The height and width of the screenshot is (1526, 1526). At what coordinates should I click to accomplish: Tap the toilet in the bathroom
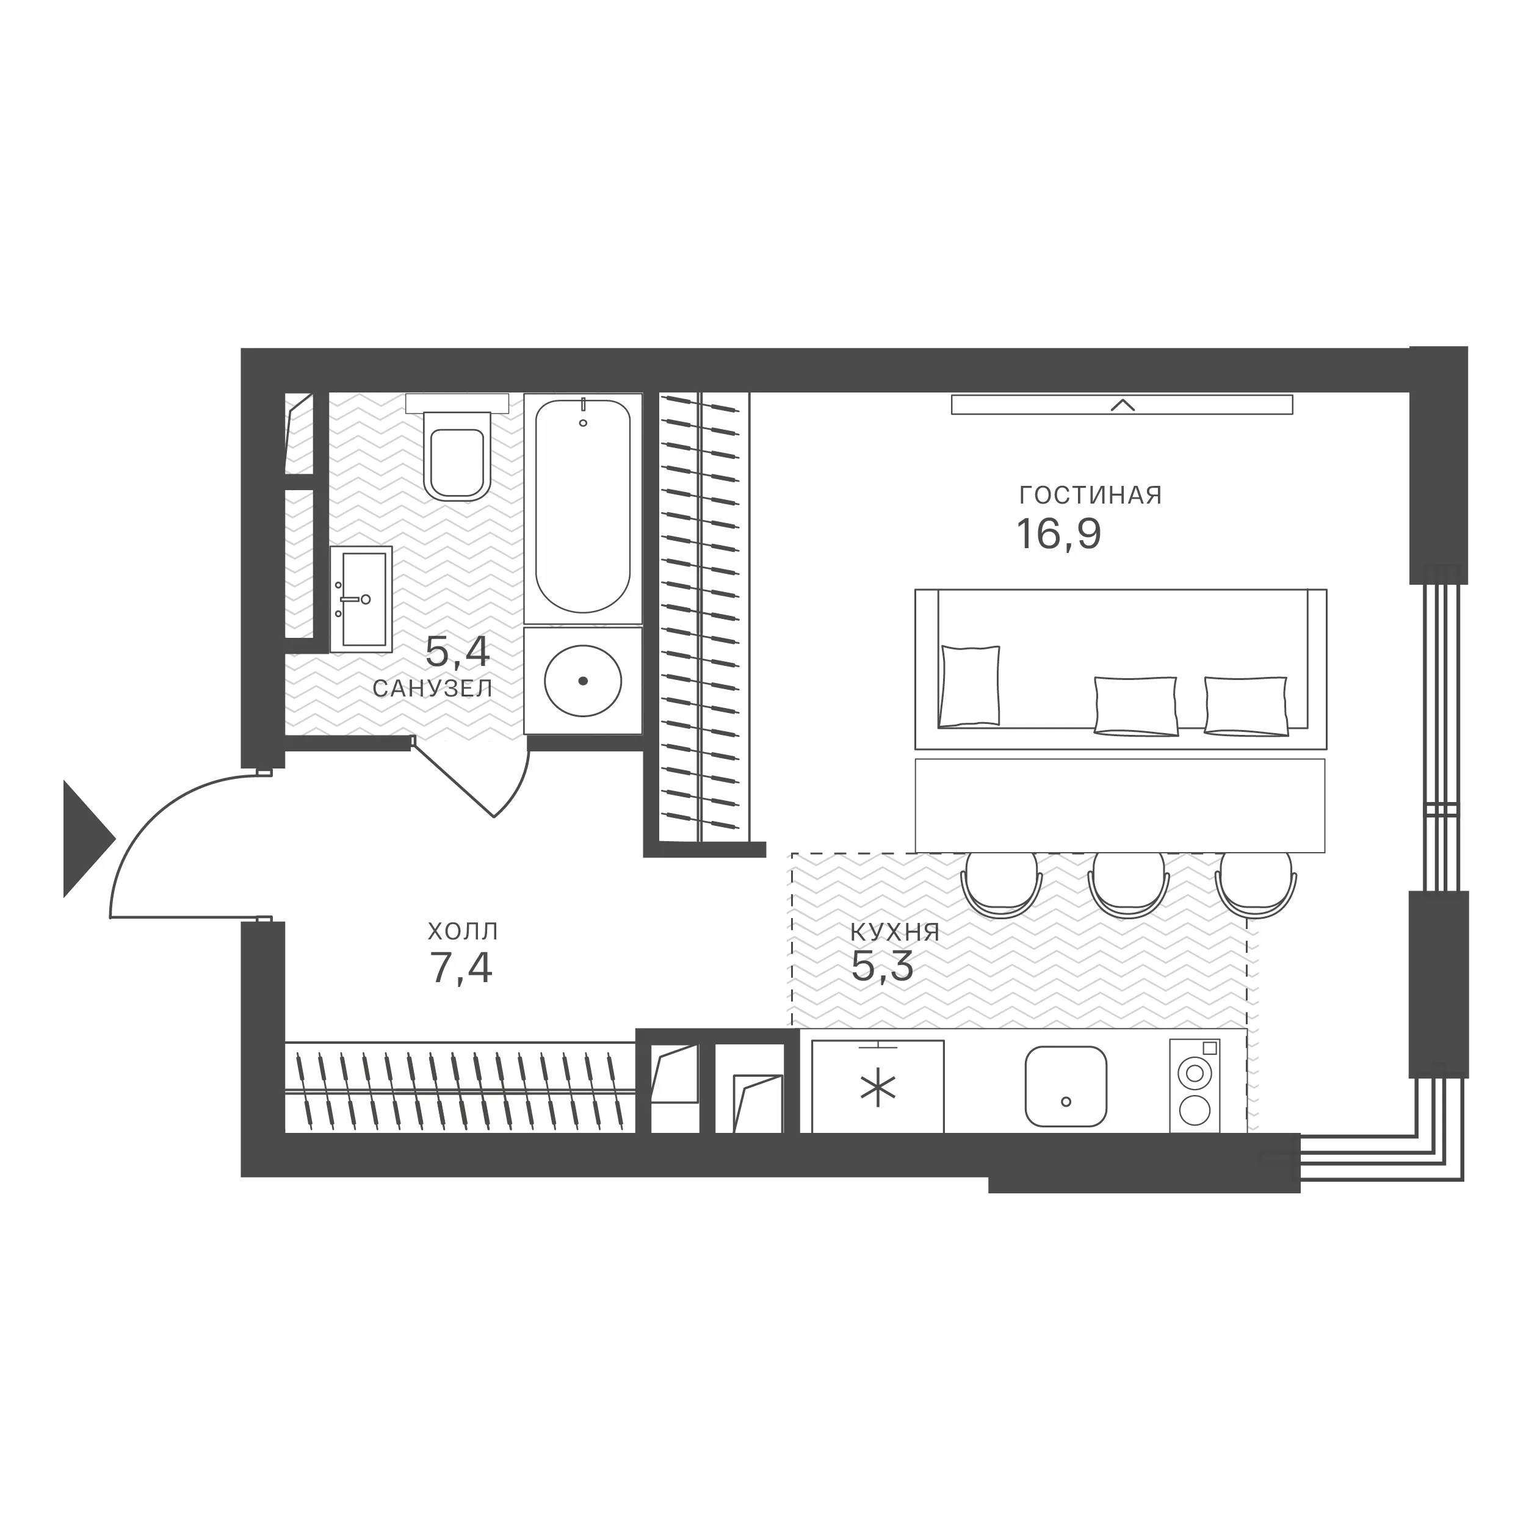(x=457, y=452)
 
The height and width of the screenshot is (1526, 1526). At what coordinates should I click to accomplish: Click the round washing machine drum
(x=583, y=681)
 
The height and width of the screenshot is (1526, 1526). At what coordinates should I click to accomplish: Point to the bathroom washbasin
(x=361, y=599)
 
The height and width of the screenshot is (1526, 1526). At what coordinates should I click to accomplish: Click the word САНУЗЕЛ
(x=433, y=689)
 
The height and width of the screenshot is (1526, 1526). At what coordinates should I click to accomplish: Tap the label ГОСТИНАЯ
(x=1091, y=495)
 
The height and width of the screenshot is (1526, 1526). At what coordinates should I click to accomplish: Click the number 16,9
(x=1058, y=534)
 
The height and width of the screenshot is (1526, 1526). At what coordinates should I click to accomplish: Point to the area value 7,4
(x=461, y=967)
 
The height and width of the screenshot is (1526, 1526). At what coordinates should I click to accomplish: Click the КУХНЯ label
(x=895, y=932)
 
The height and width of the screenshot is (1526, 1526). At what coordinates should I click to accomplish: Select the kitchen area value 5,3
(x=882, y=966)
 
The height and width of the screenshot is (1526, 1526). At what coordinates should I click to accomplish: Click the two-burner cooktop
(x=1195, y=1085)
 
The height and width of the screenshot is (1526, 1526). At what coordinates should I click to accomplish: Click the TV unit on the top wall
(x=1121, y=405)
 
